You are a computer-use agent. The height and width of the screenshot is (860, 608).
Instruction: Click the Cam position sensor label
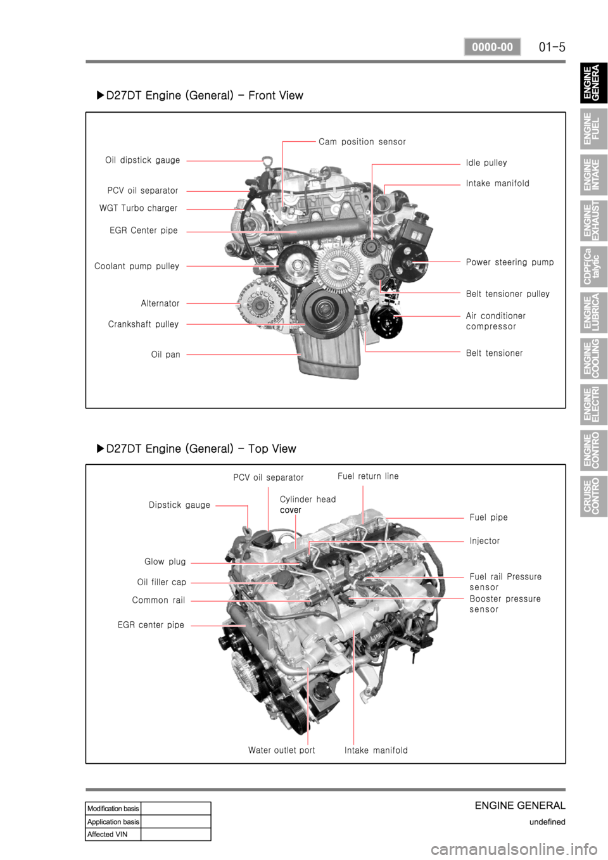click(x=362, y=142)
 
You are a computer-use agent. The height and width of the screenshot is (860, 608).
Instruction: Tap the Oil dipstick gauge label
click(x=142, y=160)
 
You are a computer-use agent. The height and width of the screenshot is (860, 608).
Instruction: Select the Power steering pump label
click(x=510, y=262)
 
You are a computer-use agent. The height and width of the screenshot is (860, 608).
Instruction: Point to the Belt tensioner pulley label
click(x=507, y=294)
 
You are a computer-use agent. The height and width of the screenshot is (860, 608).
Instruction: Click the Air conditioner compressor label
click(x=495, y=321)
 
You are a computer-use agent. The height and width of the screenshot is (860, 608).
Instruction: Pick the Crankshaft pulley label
click(x=143, y=324)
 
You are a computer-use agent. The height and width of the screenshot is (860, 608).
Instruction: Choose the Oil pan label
click(x=165, y=355)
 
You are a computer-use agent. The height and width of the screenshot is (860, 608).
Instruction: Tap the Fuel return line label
click(x=368, y=476)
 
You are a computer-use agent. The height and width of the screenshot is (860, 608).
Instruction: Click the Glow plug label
click(x=165, y=562)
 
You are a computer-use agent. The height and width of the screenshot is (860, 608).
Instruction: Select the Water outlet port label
click(x=281, y=750)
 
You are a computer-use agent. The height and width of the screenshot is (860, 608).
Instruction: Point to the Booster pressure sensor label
click(x=505, y=604)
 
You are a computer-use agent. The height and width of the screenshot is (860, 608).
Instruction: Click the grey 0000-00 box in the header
click(x=492, y=47)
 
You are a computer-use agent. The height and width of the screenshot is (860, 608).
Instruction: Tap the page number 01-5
click(x=552, y=47)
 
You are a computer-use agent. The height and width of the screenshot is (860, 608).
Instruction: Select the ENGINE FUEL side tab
click(x=593, y=129)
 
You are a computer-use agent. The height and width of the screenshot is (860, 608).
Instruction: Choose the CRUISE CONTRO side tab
click(x=593, y=496)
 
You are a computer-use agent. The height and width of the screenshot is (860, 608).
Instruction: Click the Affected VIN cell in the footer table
click(x=113, y=834)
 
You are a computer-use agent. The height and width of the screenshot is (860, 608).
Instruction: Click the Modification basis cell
click(x=113, y=808)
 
